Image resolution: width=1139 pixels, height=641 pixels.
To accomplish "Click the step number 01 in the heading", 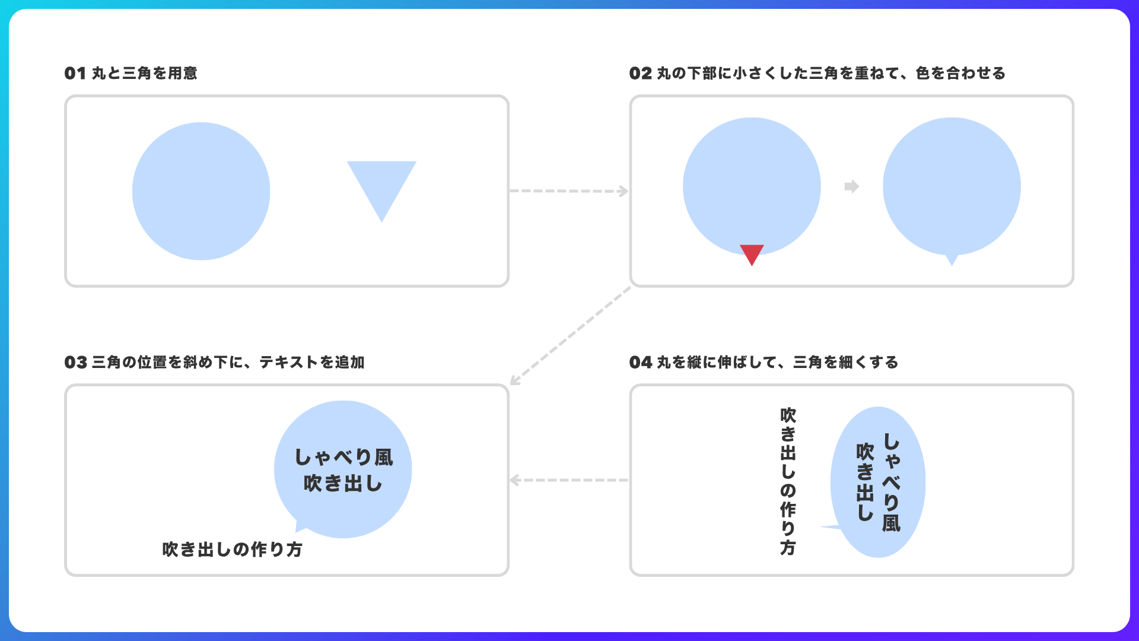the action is [75, 73].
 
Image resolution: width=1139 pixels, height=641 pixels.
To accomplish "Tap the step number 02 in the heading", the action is [641, 73].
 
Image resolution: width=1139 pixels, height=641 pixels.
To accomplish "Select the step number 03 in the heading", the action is [76, 362].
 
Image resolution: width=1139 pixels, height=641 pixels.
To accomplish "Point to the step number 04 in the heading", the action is [641, 362].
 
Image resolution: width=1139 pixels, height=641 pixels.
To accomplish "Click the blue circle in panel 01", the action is [201, 191].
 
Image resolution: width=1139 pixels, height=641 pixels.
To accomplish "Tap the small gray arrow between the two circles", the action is [852, 186].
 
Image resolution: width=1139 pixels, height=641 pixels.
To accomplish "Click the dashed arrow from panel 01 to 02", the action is [569, 191].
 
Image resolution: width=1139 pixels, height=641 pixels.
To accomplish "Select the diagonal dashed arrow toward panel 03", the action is [570, 336].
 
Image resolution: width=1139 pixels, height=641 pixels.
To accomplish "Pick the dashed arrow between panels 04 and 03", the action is [569, 480].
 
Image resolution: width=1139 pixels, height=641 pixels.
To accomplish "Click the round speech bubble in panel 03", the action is [343, 469].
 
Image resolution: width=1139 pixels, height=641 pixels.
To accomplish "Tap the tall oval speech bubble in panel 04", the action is [878, 482].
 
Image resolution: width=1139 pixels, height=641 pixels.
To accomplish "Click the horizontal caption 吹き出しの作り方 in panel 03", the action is [233, 550].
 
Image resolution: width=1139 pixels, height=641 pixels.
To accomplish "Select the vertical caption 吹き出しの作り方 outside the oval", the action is [788, 481].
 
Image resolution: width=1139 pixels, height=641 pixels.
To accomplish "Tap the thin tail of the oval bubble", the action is [831, 527].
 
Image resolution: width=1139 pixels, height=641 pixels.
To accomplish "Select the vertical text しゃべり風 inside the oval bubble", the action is [891, 483].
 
